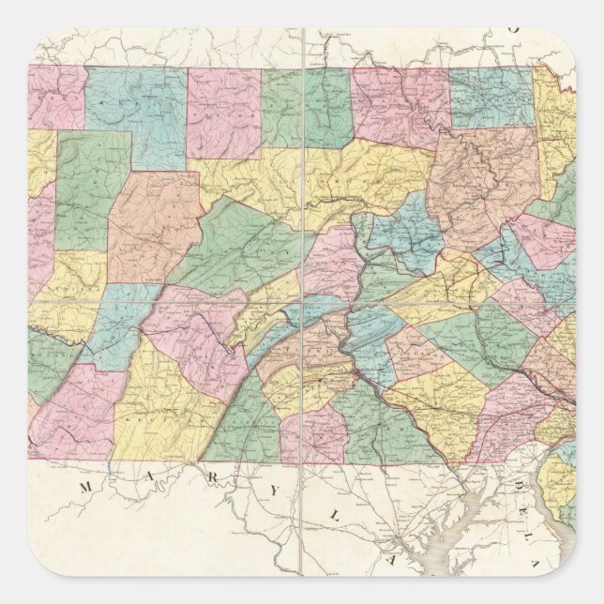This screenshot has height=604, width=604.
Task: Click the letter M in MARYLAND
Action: coord(85,487)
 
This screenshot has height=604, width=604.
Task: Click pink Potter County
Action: coord(221,111)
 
